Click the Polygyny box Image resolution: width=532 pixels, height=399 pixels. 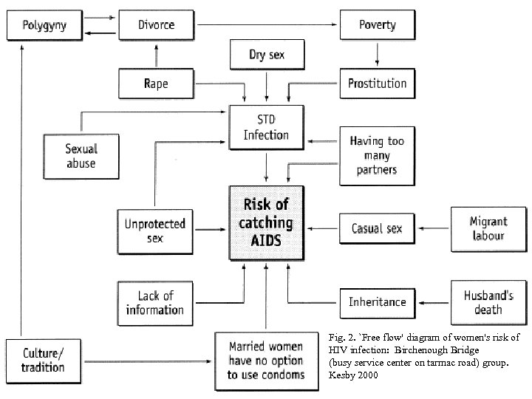44,25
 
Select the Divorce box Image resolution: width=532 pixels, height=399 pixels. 156,25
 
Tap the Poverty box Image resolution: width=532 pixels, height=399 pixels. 377,25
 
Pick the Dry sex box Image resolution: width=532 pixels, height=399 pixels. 266,54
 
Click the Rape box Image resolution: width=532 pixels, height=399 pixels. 156,83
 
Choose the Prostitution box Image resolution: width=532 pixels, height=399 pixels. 377,83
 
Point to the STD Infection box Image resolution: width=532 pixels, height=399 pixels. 266,126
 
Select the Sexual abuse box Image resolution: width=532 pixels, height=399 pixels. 81,155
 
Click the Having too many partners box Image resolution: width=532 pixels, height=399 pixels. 377,154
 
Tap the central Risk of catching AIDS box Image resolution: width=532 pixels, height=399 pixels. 266,222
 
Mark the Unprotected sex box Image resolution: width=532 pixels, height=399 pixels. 154,229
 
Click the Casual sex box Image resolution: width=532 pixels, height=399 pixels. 377,228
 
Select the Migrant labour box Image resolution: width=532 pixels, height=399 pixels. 488,228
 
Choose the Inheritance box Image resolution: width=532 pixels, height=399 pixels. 377,301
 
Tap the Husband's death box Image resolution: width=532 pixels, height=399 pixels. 488,301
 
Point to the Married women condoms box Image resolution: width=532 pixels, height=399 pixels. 266,360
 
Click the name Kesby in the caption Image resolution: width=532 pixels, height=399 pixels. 343,375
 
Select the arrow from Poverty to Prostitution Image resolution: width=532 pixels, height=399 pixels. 377,54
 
